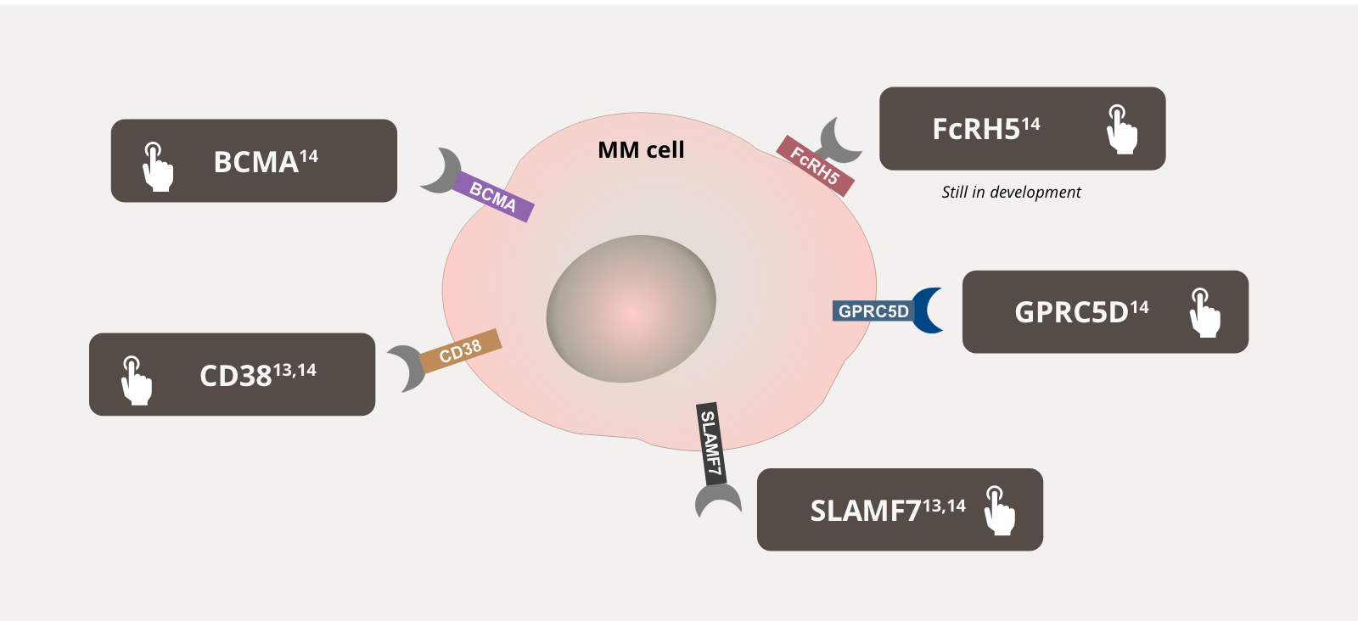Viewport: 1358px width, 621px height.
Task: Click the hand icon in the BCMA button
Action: click(x=157, y=166)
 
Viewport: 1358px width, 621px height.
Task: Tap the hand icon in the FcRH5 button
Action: click(x=1121, y=130)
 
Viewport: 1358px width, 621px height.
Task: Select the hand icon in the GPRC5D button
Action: click(x=1204, y=313)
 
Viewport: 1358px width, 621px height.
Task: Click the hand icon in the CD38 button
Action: click(x=136, y=380)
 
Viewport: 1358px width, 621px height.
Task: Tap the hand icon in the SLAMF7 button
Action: click(x=999, y=511)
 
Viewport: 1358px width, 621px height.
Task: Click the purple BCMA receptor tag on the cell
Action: click(x=493, y=197)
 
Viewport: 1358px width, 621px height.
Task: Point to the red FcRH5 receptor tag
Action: click(x=815, y=165)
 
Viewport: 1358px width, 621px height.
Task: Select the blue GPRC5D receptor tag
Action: click(x=873, y=311)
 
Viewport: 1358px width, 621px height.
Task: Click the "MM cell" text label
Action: click(x=641, y=150)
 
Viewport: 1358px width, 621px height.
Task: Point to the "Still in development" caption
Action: click(x=1011, y=193)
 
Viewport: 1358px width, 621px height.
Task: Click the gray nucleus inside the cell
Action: click(x=631, y=309)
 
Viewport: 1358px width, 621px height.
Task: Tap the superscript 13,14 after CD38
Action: click(x=295, y=371)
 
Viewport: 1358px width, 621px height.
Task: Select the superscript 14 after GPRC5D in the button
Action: click(x=1139, y=308)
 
